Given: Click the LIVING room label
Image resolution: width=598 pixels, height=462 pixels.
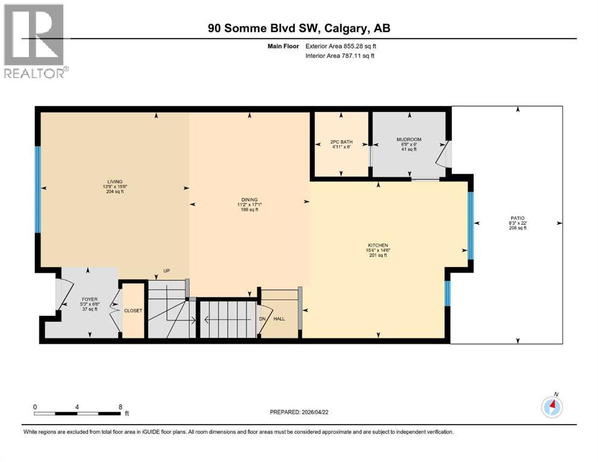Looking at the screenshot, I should [x=114, y=181].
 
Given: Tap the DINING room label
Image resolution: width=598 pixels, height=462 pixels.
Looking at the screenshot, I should [x=249, y=200].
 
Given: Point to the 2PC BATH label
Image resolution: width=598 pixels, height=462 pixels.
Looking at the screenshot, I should [x=341, y=143].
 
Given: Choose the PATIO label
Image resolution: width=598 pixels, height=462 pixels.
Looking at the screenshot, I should [x=517, y=218].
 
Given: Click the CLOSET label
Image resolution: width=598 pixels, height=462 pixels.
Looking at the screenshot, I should [x=133, y=311].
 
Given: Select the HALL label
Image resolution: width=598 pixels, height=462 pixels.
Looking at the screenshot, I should [x=279, y=319].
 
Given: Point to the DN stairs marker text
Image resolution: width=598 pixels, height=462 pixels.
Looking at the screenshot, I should [x=262, y=319].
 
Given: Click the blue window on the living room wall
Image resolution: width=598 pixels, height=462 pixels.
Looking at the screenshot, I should [x=38, y=189].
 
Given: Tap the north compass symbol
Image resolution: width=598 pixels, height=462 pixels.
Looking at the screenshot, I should [x=552, y=407].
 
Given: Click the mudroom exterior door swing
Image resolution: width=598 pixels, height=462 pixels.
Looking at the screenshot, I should [x=444, y=155].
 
